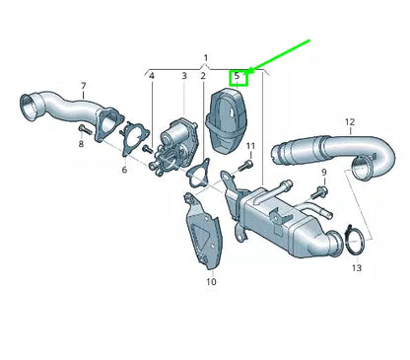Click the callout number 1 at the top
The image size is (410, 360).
click(x=206, y=58)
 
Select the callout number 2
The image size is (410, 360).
click(x=202, y=76)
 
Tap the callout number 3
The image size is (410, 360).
click(x=183, y=76)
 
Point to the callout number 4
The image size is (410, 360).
click(x=152, y=76)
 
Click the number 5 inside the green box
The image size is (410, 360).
click(x=238, y=76)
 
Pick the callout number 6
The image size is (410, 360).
click(x=124, y=170)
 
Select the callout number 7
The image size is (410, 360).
click(x=82, y=86)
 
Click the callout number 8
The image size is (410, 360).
click(x=82, y=144)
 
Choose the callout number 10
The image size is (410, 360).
click(x=211, y=282)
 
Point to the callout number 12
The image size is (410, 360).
click(x=349, y=122)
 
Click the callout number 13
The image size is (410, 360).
click(x=356, y=267)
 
